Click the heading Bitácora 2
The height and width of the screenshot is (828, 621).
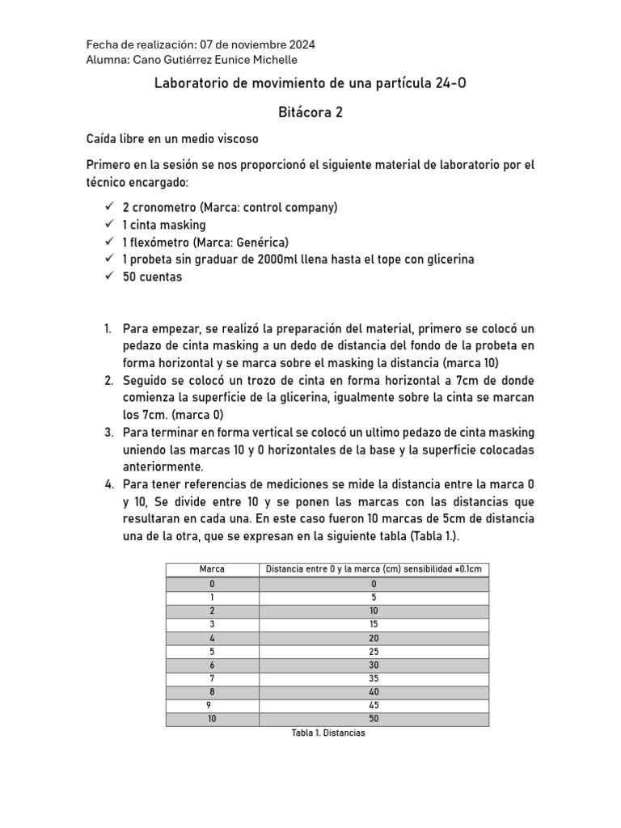310,112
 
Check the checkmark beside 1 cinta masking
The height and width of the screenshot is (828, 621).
109,225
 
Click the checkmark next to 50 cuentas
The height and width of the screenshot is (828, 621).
109,277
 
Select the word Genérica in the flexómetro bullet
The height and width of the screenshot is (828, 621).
260,242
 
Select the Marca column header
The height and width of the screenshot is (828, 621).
211,569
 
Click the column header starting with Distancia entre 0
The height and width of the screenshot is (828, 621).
373,569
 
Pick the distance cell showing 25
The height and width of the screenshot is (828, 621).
373,651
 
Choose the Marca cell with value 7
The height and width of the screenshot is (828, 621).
211,678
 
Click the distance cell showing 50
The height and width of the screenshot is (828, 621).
373,718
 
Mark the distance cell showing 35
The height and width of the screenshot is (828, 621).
373,678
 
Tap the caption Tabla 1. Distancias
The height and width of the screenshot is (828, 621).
327,733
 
